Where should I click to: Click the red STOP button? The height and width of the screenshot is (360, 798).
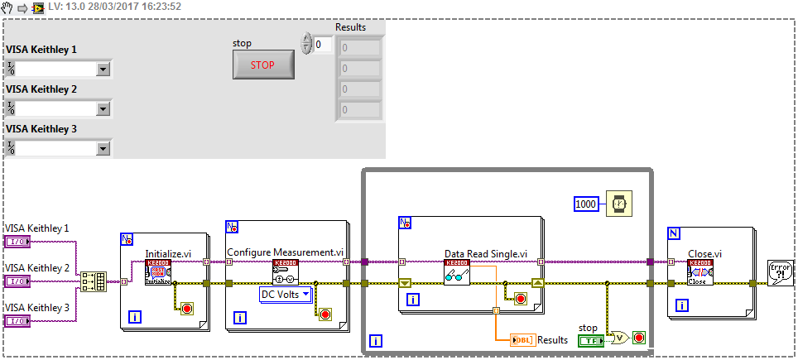tap(263, 64)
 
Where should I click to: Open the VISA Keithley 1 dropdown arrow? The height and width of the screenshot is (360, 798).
tap(103, 69)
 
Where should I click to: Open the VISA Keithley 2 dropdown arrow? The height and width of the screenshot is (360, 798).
tap(103, 108)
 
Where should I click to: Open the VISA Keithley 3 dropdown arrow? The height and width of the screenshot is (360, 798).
tap(103, 148)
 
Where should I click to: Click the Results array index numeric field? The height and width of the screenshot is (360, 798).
tap(324, 45)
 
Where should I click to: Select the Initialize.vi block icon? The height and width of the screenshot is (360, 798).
tap(157, 272)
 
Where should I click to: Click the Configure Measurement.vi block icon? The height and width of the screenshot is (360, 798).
tap(285, 272)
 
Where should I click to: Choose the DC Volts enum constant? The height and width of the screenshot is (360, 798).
tap(286, 294)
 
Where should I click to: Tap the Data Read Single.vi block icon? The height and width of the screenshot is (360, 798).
tap(457, 272)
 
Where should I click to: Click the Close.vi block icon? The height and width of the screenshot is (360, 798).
tap(700, 272)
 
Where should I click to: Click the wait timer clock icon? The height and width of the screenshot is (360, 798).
tap(618, 204)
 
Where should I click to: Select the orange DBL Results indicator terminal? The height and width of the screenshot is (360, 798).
tap(523, 340)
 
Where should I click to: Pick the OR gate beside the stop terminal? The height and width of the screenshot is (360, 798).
tap(618, 337)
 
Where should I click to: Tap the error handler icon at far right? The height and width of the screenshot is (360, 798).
tap(780, 272)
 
